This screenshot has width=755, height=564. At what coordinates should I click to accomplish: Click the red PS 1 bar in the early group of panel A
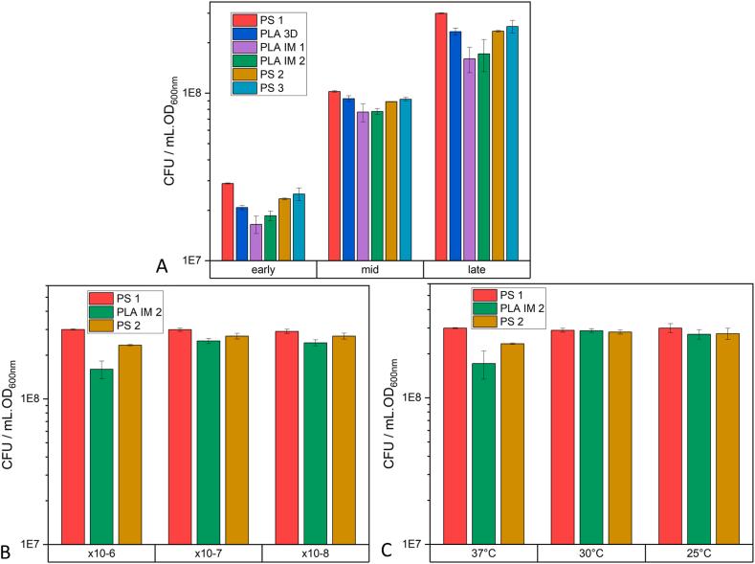point(228,221)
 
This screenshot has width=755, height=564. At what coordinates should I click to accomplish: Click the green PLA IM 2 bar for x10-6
point(101,456)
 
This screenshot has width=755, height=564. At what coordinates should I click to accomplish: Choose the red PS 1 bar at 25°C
point(670,436)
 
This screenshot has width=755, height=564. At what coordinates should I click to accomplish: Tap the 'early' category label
point(262,269)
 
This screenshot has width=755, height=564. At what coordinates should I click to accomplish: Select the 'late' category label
point(476,269)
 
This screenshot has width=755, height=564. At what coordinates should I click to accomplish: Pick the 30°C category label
point(590,553)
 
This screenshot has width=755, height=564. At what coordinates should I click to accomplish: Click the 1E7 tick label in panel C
point(412,544)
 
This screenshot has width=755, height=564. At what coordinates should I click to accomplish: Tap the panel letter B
point(7,552)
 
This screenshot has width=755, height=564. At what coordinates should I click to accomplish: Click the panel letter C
point(387,551)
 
